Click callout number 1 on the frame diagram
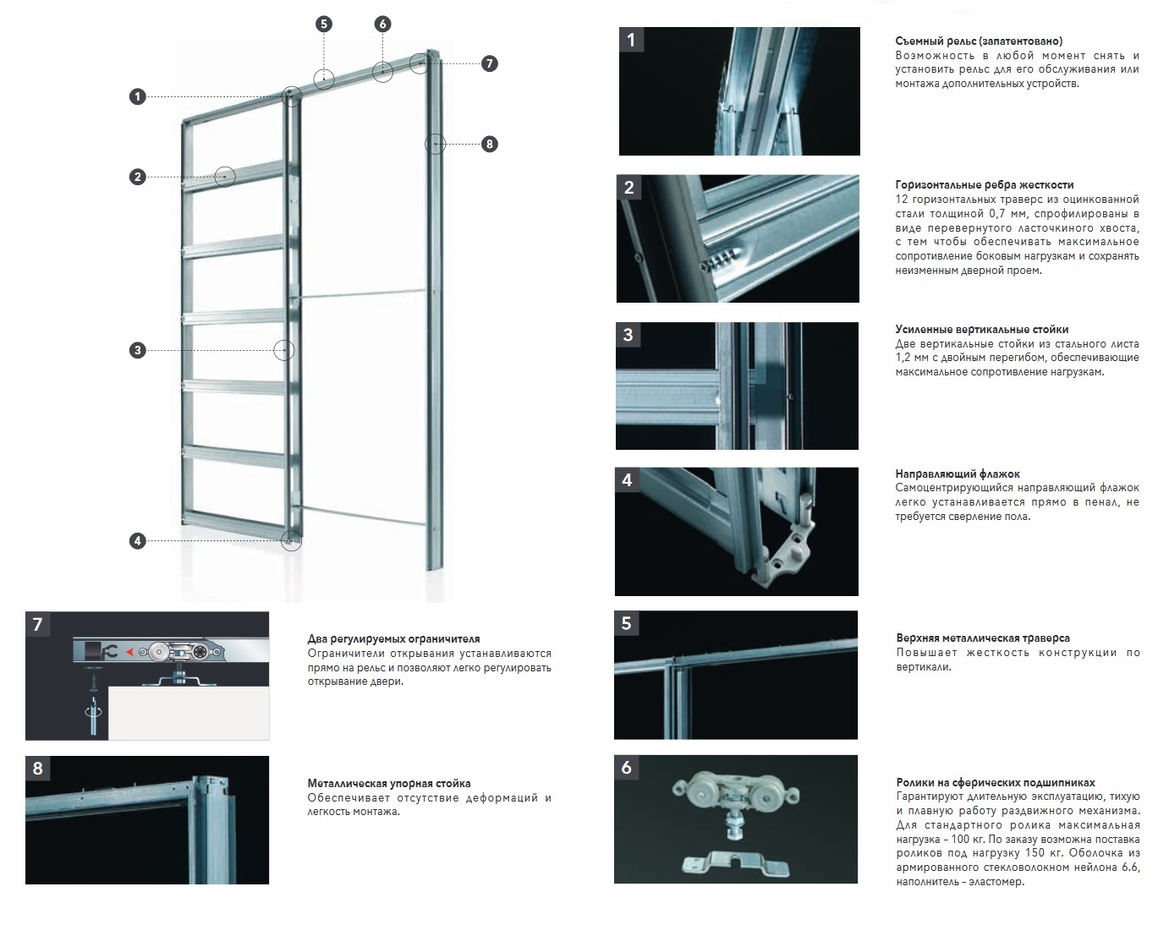point(138,97)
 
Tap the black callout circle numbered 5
point(324,24)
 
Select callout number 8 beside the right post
point(488,144)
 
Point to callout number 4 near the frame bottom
point(138,541)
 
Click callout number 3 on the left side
point(138,350)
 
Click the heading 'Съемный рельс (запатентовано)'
point(979,41)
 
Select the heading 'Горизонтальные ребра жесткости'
point(985,184)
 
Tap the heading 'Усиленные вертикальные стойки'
point(982,329)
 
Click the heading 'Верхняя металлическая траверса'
point(983,638)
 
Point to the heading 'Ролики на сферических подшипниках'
point(996,783)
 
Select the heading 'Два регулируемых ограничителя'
point(393,639)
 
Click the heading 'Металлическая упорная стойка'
point(389,783)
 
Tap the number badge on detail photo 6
point(626,768)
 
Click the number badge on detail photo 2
point(628,188)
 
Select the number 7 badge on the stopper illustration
point(37,625)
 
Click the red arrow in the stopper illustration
point(129,652)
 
